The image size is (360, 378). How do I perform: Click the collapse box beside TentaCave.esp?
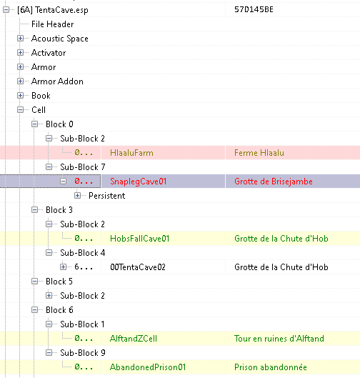6,10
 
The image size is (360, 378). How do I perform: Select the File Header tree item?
53,24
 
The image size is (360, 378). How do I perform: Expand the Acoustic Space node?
21,39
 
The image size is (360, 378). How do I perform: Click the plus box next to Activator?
21,53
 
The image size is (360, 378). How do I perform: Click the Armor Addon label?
57,81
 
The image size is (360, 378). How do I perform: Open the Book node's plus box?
21,96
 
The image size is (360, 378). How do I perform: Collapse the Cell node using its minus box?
21,110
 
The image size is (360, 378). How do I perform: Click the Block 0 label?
59,124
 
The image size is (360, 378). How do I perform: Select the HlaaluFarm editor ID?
131,153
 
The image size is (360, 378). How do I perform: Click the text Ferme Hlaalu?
259,153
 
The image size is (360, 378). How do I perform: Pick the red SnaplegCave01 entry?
139,181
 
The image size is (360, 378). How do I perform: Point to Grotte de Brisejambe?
274,181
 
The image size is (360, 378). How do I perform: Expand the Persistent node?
78,196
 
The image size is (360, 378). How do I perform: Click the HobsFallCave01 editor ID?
140,239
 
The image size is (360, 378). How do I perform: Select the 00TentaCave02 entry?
138,267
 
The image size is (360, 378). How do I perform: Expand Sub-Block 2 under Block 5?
49,296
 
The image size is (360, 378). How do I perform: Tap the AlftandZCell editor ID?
134,339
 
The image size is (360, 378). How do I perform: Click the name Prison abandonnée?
271,367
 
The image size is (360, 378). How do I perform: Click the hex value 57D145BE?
254,9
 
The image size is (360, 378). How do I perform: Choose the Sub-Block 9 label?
83,353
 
